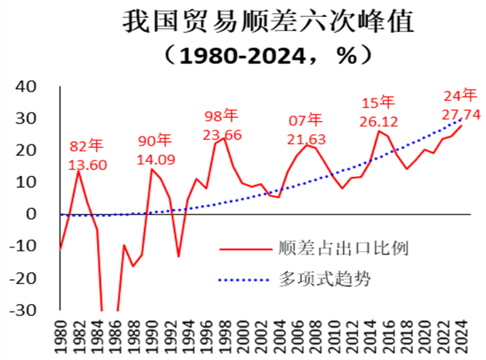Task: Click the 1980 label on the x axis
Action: (60, 335)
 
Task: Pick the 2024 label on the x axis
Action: (462, 335)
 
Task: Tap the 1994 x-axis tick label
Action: (188, 335)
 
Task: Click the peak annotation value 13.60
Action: (88, 165)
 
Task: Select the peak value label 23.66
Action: (222, 134)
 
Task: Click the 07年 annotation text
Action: (305, 120)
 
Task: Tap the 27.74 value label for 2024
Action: (461, 114)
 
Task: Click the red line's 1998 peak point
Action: (225, 138)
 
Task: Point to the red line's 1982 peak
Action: (79, 170)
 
